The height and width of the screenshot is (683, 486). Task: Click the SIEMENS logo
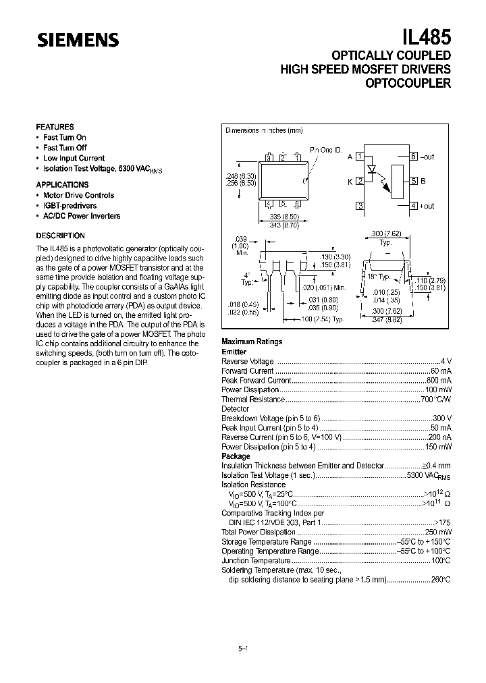coord(78,40)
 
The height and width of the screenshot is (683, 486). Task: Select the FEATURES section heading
coord(55,127)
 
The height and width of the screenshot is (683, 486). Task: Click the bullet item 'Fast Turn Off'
coord(65,148)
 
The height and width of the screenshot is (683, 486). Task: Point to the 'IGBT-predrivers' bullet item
coord(70,205)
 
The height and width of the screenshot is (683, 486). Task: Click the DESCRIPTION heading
coord(60,236)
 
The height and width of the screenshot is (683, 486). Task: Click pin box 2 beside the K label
coord(360,181)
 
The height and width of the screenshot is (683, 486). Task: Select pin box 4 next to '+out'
coord(413,206)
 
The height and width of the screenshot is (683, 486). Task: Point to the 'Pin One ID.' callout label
coord(326,149)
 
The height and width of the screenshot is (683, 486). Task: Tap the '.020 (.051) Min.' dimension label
coord(324,288)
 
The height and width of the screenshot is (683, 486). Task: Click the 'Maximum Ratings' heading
coord(252,342)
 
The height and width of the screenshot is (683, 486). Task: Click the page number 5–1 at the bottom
coord(244,649)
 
